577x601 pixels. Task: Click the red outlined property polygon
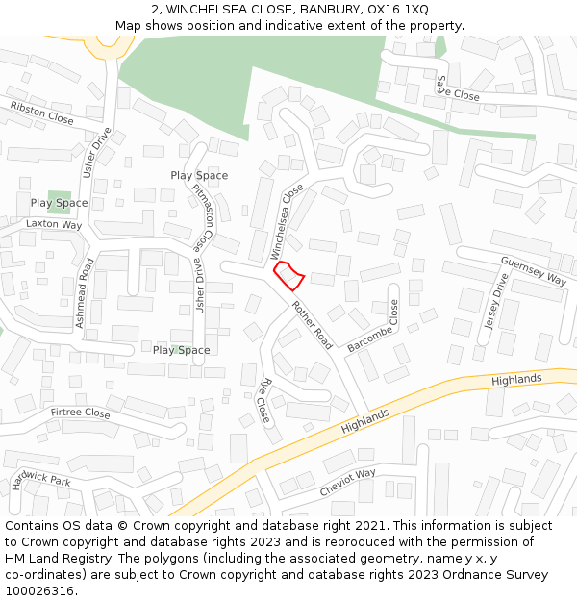[x=289, y=277]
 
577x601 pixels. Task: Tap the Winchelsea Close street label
[x=287, y=222]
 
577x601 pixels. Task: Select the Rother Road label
[x=312, y=325]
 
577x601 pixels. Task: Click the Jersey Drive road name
[x=495, y=301]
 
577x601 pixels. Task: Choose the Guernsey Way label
[x=534, y=270]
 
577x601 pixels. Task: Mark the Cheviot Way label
[x=348, y=482]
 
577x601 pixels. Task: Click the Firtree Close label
[x=80, y=413]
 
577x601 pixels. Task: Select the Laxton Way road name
[x=54, y=224]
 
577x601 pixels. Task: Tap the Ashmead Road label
[x=86, y=293]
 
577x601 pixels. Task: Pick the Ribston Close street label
[x=41, y=113]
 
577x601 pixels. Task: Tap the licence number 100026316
[x=39, y=591]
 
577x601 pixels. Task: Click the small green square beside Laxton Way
[x=59, y=200]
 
